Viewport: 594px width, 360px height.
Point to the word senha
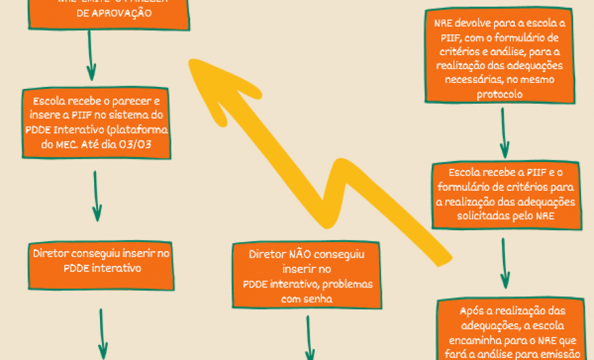point(317,299)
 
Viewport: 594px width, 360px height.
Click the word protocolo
point(499,94)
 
